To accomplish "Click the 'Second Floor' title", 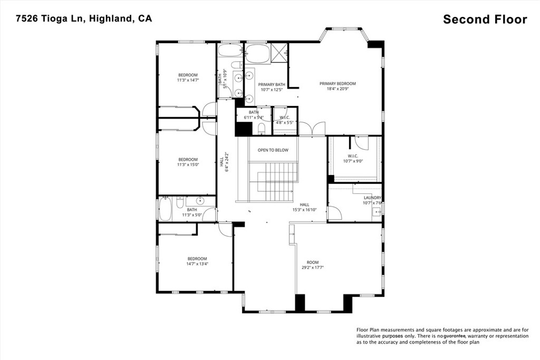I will click(485, 20).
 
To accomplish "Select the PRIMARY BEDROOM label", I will click(337, 83).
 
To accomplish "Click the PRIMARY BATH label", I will click(272, 84).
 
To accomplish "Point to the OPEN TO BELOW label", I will click(273, 150).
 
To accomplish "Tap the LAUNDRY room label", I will click(372, 198).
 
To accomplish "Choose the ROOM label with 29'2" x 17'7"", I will click(313, 262).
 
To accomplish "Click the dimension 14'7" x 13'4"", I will click(197, 264).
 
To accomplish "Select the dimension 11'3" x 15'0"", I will click(188, 165).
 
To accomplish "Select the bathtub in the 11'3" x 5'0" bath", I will click(165, 209).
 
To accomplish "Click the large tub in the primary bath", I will click(257, 54).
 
